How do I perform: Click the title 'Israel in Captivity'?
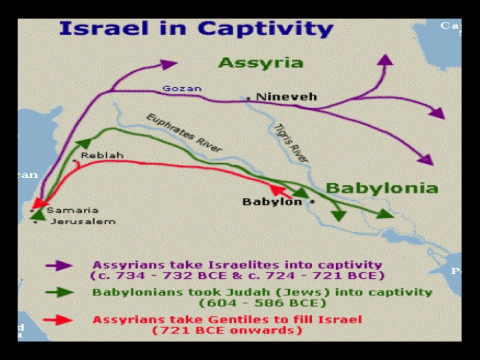tap(195, 29)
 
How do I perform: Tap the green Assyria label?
tap(261, 63)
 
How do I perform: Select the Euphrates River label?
tap(184, 133)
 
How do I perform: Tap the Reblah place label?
tap(102, 155)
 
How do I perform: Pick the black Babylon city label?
tap(272, 201)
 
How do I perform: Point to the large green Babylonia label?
tap(381, 187)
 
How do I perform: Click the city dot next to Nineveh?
tap(248, 98)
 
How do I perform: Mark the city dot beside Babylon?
tap(311, 201)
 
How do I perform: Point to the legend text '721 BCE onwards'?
tap(223, 330)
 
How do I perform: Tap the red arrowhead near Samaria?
tap(38, 202)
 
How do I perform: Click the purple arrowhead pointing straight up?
tap(385, 60)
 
